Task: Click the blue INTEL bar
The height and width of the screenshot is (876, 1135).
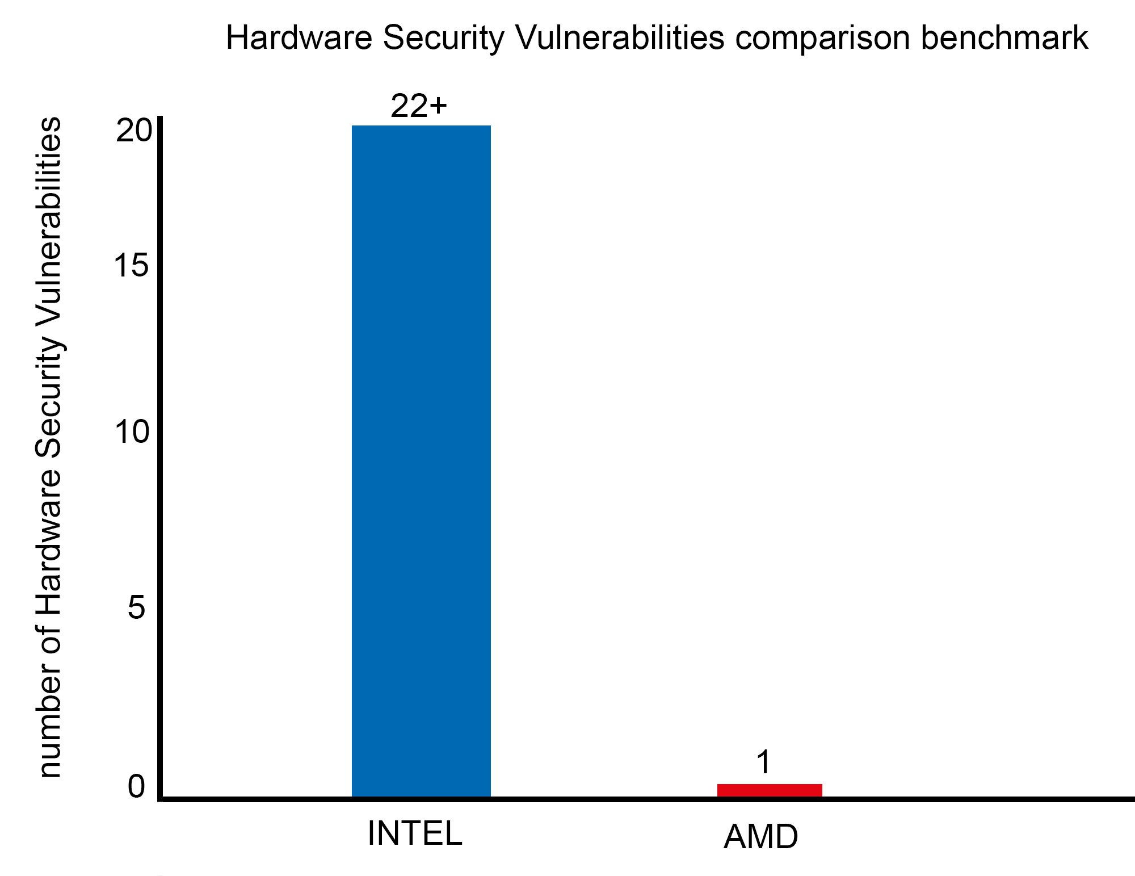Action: point(421,460)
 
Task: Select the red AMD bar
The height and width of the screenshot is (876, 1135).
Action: point(770,790)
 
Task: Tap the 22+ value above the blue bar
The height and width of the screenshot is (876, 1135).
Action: point(419,106)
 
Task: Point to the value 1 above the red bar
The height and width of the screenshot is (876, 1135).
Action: point(764,762)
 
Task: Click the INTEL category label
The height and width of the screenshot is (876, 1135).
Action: point(415,833)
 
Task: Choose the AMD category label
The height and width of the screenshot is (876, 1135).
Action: point(760,837)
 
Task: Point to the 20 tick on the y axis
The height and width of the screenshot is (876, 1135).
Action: point(134,131)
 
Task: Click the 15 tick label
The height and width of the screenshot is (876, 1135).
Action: point(132,265)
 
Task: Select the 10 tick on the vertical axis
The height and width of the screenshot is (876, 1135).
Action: point(132,432)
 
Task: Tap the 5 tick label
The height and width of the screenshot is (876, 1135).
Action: point(137,608)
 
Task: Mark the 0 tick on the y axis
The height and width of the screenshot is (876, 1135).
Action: point(136,787)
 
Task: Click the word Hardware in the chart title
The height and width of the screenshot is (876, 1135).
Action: point(299,39)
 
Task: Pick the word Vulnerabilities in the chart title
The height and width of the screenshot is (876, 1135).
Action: point(620,39)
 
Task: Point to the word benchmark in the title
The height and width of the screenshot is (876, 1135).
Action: point(1004,39)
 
